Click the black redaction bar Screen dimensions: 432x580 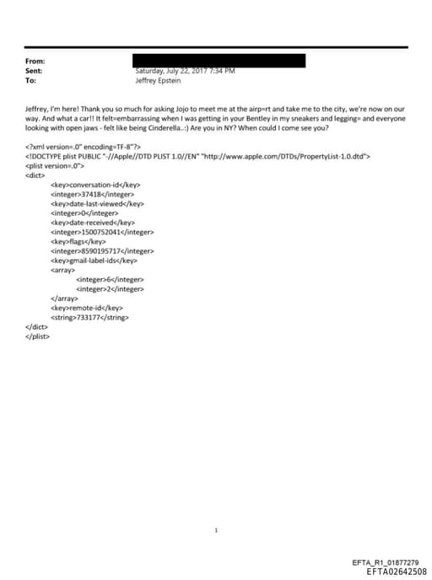pos(219,61)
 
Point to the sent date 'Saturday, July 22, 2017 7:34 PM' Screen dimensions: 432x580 pos(185,72)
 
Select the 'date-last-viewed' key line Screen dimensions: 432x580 pos(97,203)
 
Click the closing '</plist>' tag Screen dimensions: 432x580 pos(38,336)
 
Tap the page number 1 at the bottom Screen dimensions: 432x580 pos(216,507)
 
